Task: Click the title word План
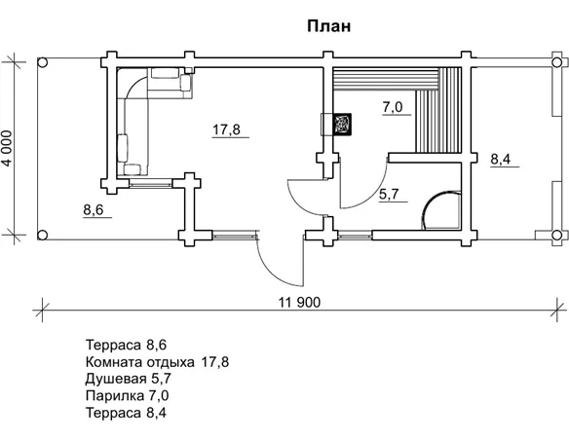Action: [x=328, y=26]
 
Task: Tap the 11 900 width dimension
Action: [x=299, y=302]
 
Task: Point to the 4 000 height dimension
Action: [x=7, y=148]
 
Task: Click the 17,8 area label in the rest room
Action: [x=226, y=129]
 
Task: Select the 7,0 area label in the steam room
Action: [x=393, y=107]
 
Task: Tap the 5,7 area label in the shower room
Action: [x=389, y=194]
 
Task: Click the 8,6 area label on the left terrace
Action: [x=94, y=209]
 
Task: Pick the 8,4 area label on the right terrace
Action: [x=501, y=159]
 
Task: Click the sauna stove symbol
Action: [x=342, y=124]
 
